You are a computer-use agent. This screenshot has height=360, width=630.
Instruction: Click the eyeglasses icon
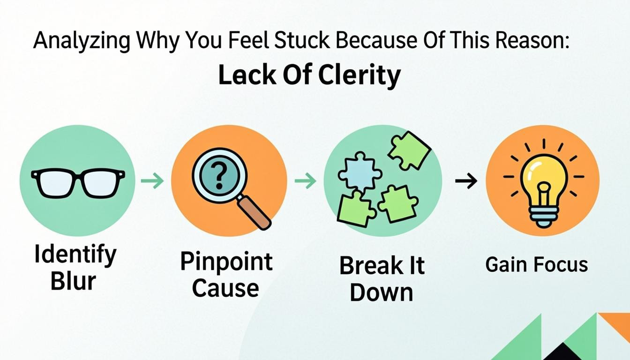(x=78, y=182)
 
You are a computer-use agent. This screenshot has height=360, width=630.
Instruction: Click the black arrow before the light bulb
(x=466, y=180)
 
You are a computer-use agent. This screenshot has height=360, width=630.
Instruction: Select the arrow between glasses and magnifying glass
(x=152, y=181)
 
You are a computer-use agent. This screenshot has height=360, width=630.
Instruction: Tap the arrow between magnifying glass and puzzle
(x=305, y=181)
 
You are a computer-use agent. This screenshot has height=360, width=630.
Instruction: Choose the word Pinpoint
(x=226, y=262)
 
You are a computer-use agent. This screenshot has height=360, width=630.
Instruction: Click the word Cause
(x=225, y=287)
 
